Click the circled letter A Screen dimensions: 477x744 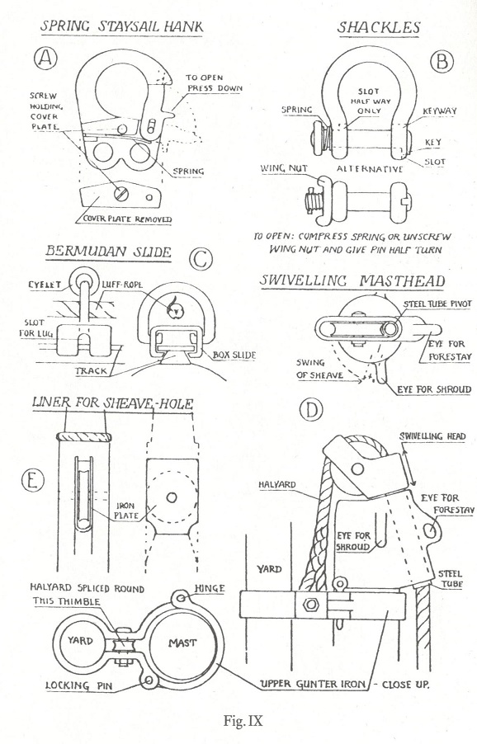(x=45, y=59)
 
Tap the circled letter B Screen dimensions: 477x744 (x=442, y=61)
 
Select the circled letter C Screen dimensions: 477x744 (x=201, y=259)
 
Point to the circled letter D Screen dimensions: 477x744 (x=311, y=409)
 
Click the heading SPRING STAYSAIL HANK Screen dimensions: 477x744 (x=121, y=26)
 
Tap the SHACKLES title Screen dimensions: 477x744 (x=379, y=27)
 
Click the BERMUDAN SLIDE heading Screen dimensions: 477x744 (x=108, y=251)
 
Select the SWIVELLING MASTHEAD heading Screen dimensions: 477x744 (x=352, y=280)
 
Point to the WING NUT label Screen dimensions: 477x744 (x=284, y=168)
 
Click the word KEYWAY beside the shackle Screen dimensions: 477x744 (x=440, y=111)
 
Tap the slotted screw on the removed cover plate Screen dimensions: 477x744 (x=120, y=193)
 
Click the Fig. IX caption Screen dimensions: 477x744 (x=243, y=720)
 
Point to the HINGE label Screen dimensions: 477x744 (x=210, y=588)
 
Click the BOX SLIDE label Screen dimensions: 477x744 (x=234, y=355)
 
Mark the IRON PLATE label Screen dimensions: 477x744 (x=127, y=511)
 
